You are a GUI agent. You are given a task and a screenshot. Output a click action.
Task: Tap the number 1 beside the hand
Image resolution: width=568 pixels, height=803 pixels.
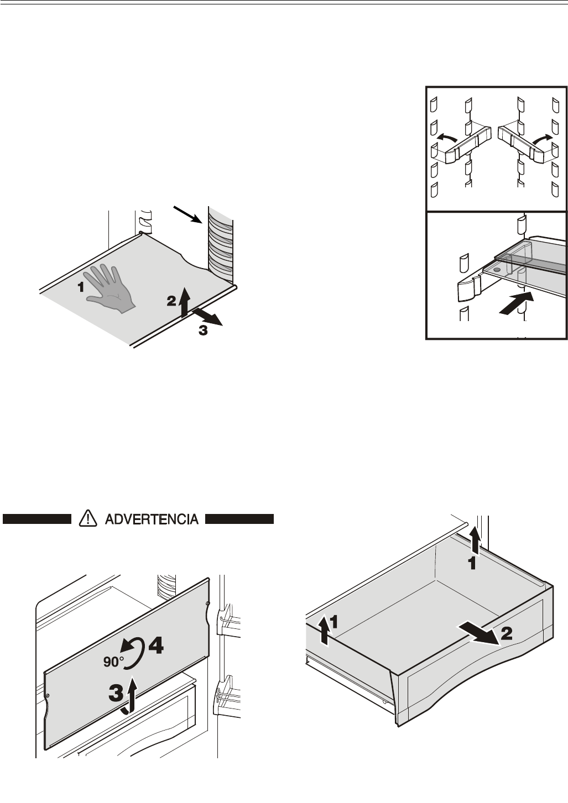pos(81,287)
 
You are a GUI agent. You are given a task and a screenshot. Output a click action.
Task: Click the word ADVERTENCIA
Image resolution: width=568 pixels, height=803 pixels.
pos(151,519)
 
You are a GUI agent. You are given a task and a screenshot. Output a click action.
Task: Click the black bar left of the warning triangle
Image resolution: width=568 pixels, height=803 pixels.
pos(38,519)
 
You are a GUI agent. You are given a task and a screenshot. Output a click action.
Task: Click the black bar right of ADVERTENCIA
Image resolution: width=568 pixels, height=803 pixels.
pos(240,519)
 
